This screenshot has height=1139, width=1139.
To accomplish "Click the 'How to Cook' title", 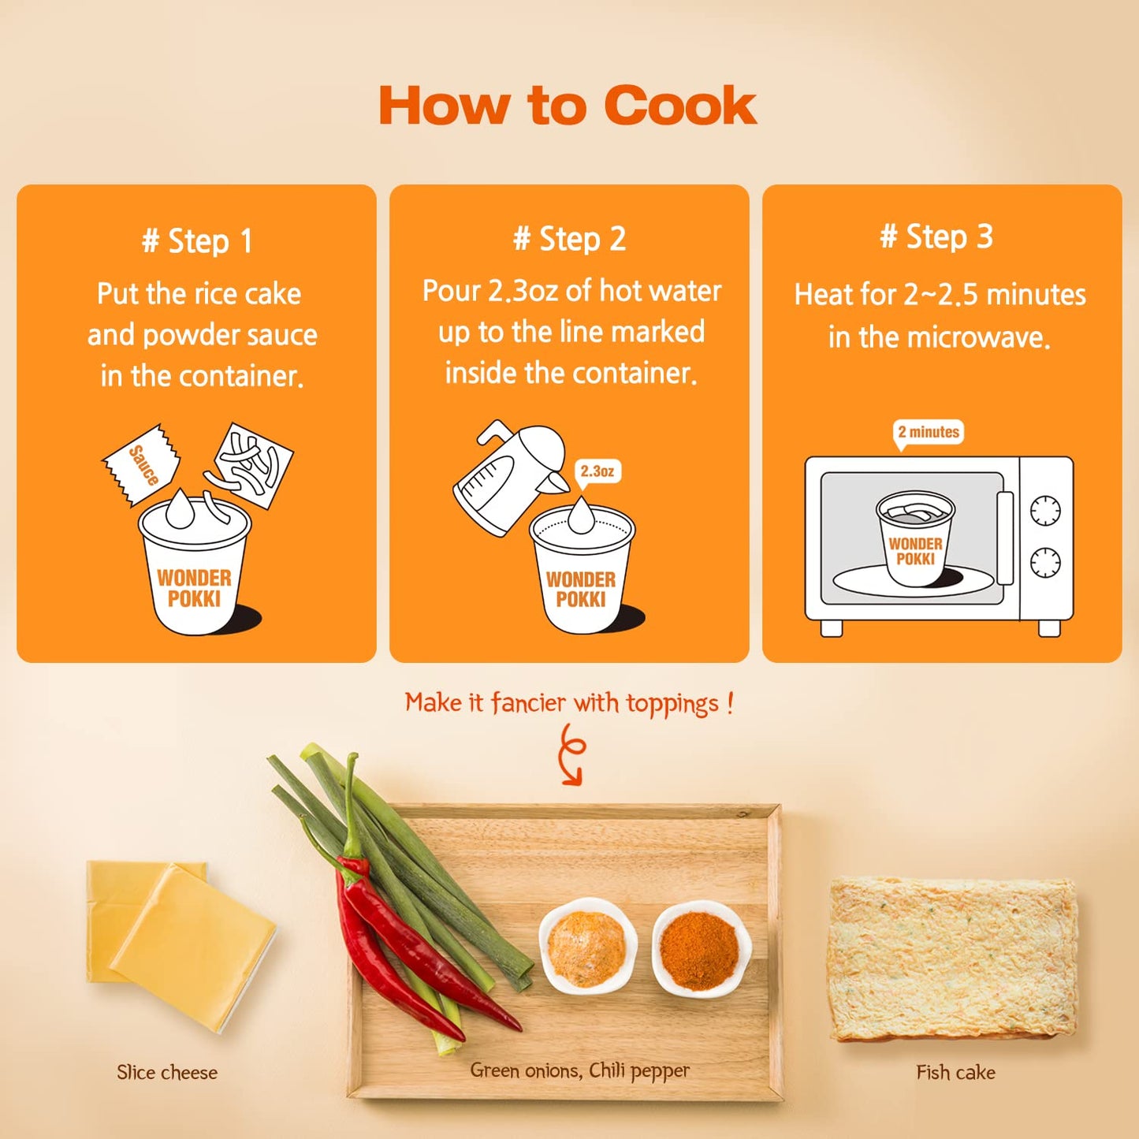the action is pyautogui.click(x=568, y=105).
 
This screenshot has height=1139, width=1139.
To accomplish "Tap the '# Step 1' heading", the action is pyautogui.click(x=197, y=241).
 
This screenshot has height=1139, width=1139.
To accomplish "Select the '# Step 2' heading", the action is pyautogui.click(x=569, y=240).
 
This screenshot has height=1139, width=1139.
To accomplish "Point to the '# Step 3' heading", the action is pyautogui.click(x=936, y=237).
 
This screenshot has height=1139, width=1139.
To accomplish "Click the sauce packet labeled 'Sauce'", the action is pyautogui.click(x=142, y=464).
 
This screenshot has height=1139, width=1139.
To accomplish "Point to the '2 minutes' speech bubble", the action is pyautogui.click(x=928, y=433).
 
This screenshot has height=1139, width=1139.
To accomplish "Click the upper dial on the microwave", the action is pyautogui.click(x=1045, y=510).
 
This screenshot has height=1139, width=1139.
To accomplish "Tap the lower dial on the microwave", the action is pyautogui.click(x=1045, y=562).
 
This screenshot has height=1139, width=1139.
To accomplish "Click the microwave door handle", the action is pyautogui.click(x=1005, y=538).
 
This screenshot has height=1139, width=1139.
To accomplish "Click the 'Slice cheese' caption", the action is pyautogui.click(x=166, y=1072).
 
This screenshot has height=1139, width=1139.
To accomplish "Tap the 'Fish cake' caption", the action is pyautogui.click(x=956, y=1072).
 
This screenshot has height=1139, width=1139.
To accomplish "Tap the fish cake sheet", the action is pyautogui.click(x=954, y=958).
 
